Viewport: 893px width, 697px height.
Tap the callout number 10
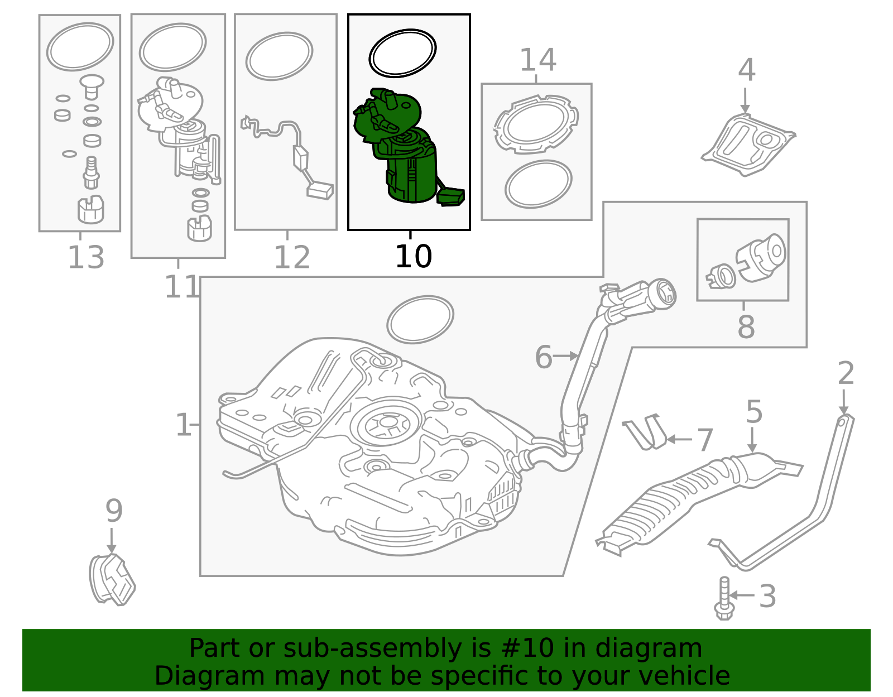tap(413, 257)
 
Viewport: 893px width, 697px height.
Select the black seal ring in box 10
tap(402, 53)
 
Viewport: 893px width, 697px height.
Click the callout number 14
tap(537, 60)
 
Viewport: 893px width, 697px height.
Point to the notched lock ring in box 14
tap(536, 124)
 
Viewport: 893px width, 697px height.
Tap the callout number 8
tap(746, 327)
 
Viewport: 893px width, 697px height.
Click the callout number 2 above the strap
tap(846, 373)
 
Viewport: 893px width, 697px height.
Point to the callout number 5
tap(753, 412)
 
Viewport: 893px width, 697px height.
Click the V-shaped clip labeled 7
tap(647, 432)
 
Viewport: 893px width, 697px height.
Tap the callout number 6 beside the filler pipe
tap(543, 357)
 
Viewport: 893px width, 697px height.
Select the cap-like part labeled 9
tap(112, 580)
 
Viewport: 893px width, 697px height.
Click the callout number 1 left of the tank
tap(183, 425)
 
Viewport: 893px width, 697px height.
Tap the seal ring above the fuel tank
tap(420, 319)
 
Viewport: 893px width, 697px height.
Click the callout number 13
tap(85, 258)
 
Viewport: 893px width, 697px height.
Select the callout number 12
tap(291, 258)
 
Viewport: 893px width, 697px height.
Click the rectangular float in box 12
tap(320, 191)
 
